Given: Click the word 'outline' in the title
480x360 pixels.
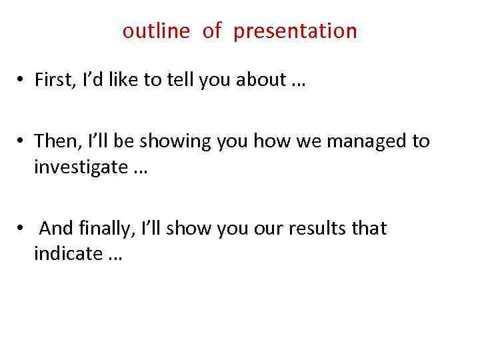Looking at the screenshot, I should pyautogui.click(x=156, y=31).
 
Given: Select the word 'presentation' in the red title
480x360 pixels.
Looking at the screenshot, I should pyautogui.click(x=295, y=32).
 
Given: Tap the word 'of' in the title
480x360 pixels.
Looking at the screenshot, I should pyautogui.click(x=211, y=31).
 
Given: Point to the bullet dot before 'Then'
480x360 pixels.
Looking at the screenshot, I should pyautogui.click(x=21, y=142).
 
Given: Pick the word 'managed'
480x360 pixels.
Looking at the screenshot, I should pyautogui.click(x=368, y=141).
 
